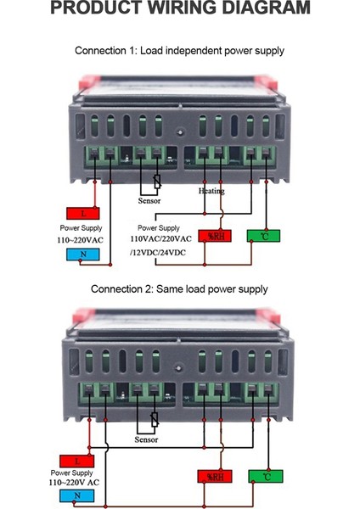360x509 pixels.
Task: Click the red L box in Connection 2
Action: (76, 461)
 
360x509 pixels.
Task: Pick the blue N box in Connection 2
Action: (76, 495)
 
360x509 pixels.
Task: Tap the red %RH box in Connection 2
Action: (213, 477)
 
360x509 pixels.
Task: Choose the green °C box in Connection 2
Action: (265, 477)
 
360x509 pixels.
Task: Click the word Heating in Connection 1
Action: (211, 191)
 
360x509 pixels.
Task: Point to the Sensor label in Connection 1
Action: (149, 200)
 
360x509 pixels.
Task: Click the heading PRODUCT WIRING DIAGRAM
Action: (180, 9)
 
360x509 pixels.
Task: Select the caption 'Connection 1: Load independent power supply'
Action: (179, 51)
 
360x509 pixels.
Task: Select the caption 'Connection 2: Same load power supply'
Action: (179, 289)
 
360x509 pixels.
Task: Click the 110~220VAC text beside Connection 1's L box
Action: (82, 240)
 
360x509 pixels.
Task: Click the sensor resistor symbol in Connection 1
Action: (157, 181)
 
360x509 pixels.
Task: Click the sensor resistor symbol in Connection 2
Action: (154, 418)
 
